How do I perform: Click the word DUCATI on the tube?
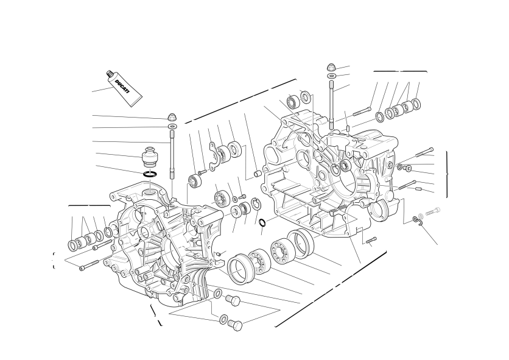(x=122, y=86)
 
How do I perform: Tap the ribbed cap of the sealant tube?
(x=109, y=74)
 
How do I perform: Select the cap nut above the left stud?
(x=172, y=117)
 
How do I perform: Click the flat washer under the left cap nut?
(x=172, y=126)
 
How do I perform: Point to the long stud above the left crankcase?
(x=172, y=155)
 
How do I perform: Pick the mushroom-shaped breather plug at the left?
(x=150, y=157)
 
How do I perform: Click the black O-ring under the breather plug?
(x=150, y=174)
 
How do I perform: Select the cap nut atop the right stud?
(x=331, y=68)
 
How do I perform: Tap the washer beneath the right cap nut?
(x=331, y=76)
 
